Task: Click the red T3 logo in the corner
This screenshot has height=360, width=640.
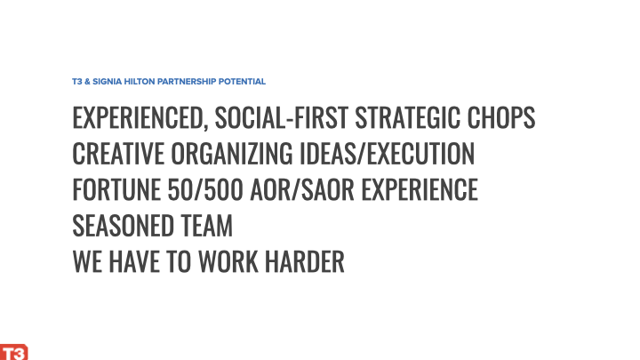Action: coord(14,352)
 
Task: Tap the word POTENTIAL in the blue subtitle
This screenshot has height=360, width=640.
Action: coord(242,82)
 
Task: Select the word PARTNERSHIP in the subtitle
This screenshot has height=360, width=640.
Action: coord(187,82)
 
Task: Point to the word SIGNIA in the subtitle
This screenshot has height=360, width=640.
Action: coord(108,82)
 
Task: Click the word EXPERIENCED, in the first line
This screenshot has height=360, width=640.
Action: coord(140,118)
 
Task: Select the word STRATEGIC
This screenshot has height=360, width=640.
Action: coord(408,117)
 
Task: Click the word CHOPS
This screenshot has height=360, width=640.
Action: coord(500,117)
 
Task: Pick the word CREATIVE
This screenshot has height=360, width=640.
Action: coord(118,154)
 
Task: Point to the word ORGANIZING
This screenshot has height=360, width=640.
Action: coord(232,154)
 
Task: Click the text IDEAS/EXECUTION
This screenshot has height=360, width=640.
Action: coord(387,154)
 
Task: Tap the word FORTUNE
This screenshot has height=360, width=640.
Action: coord(116,189)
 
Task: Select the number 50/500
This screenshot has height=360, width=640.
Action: coord(205,189)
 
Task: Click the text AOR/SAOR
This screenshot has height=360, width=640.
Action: coord(302,189)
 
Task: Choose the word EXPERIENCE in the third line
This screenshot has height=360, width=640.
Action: coord(420,189)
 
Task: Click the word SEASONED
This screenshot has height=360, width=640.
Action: coord(123,225)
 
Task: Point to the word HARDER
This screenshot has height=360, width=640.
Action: coord(305,261)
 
